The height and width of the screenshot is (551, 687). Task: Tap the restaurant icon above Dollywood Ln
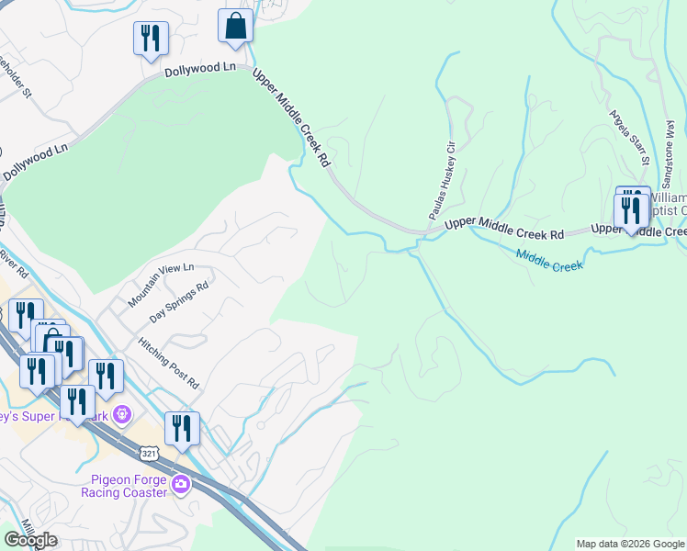(x=149, y=39)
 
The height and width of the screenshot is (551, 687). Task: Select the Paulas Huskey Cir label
(x=442, y=180)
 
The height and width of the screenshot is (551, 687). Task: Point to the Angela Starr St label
(x=630, y=139)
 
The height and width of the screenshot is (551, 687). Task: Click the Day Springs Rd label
(x=180, y=302)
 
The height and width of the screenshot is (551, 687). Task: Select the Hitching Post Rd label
(x=168, y=364)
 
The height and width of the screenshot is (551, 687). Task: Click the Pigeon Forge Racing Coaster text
(x=129, y=485)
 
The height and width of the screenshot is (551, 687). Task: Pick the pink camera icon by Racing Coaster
(x=181, y=484)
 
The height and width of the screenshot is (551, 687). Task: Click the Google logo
(x=30, y=540)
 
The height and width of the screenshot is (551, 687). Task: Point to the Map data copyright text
(x=630, y=544)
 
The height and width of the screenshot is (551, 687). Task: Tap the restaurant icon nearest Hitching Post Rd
(x=182, y=429)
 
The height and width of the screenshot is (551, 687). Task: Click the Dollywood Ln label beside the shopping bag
(x=200, y=70)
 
